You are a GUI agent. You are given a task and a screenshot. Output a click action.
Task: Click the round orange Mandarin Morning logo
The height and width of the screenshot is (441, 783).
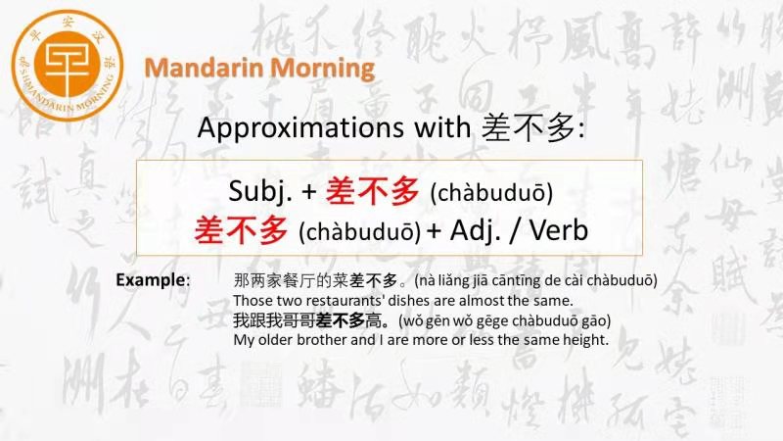pos(68,66)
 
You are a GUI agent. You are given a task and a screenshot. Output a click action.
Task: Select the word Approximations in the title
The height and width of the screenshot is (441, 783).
pos(300,128)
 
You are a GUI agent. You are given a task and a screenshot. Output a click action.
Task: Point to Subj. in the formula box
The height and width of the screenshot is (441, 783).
pos(260,191)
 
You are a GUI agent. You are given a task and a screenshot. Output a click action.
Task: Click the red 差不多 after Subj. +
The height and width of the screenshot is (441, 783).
pos(372,191)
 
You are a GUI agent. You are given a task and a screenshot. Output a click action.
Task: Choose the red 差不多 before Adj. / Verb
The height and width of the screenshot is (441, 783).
pos(241,230)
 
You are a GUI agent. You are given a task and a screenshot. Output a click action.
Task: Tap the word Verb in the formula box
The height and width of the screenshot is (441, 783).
pos(559,230)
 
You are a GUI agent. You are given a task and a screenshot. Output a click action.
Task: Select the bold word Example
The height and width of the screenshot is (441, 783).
pos(151,279)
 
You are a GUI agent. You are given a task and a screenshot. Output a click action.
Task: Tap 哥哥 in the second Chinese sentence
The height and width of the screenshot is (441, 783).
pos(299,320)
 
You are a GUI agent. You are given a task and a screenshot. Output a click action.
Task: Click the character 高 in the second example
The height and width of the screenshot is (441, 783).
pos(373,320)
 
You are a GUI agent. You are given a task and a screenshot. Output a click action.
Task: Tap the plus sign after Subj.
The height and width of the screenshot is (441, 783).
pos(309,192)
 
